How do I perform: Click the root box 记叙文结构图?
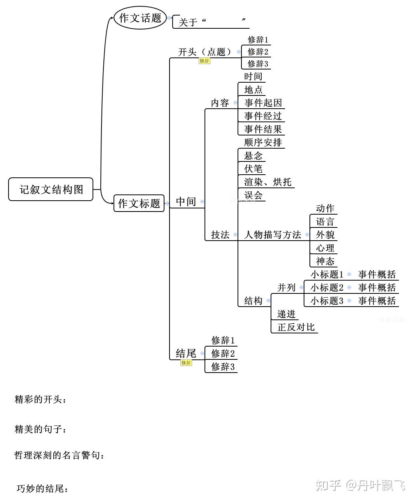(51, 189)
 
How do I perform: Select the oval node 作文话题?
(140, 18)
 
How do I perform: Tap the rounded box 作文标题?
(139, 203)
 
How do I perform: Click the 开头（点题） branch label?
(205, 52)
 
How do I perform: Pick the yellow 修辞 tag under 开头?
(205, 61)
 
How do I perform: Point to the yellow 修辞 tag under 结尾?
(186, 363)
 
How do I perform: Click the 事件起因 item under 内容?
(263, 103)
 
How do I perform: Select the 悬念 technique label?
(253, 156)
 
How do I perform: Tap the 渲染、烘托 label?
(267, 182)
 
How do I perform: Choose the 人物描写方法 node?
(273, 235)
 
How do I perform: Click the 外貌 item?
(325, 235)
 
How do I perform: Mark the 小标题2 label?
(327, 288)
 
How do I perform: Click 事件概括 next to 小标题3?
(377, 301)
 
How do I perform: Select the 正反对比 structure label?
(296, 327)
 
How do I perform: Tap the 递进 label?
(287, 314)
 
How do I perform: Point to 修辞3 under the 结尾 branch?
(223, 367)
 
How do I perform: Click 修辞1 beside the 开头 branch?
(258, 40)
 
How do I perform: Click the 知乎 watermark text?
(329, 485)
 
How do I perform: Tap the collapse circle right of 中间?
(202, 201)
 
